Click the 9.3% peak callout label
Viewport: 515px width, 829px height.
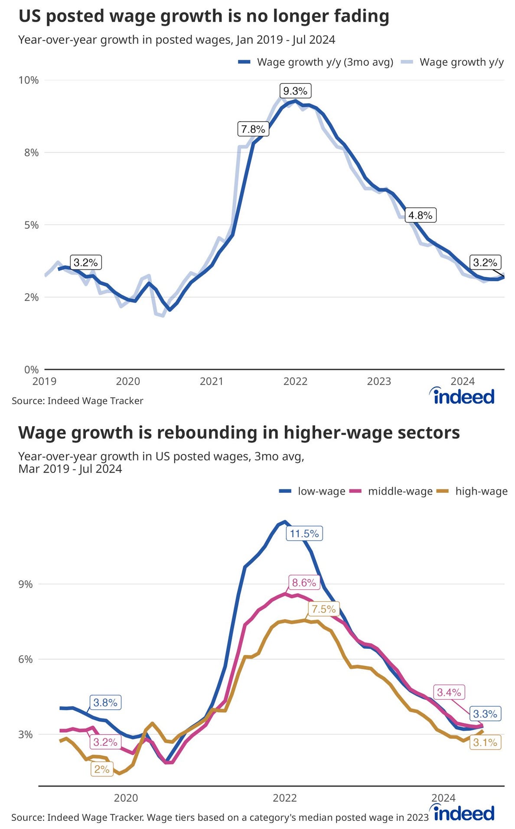295,91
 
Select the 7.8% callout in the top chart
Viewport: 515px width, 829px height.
253,129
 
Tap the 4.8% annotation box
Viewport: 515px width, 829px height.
420,215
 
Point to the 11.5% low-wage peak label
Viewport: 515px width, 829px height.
304,534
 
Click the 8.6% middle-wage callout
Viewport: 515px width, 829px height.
304,583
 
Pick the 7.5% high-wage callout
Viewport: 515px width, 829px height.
324,609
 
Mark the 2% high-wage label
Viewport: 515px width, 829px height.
102,769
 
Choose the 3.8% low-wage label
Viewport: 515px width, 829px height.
105,703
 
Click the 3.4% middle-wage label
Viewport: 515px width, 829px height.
449,692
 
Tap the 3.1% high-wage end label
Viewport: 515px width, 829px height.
485,742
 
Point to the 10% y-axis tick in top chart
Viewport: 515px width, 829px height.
29,80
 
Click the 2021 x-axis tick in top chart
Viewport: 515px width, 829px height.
212,381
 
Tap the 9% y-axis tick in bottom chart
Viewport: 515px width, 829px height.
26,584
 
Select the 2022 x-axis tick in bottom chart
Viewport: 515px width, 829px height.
284,798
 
